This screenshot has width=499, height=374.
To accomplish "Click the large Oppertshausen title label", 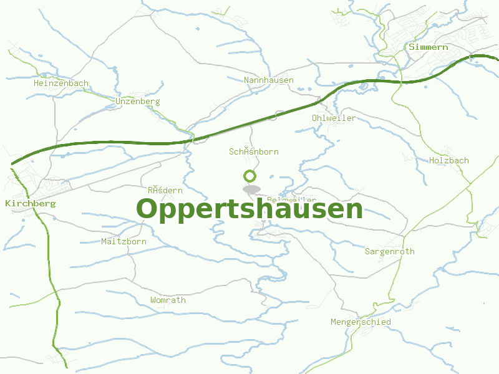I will pyautogui.click(x=249, y=209).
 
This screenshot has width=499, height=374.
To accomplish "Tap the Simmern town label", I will pyautogui.click(x=429, y=47).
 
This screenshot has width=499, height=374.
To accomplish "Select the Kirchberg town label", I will pyautogui.click(x=30, y=203).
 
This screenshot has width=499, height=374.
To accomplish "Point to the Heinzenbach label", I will pyautogui.click(x=61, y=83).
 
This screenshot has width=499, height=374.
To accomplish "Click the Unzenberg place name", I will pyautogui.click(x=138, y=101).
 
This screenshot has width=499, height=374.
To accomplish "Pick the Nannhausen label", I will pyautogui.click(x=269, y=80).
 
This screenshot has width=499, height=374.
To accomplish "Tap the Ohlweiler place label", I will pyautogui.click(x=334, y=118).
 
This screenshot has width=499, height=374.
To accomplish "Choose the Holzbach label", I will pyautogui.click(x=449, y=160).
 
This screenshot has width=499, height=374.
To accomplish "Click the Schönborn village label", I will pyautogui.click(x=254, y=151).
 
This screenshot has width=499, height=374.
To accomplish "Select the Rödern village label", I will pyautogui.click(x=165, y=190).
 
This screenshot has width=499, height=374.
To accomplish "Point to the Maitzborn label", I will pyautogui.click(x=124, y=241).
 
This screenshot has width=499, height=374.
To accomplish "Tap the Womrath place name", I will pyautogui.click(x=168, y=300).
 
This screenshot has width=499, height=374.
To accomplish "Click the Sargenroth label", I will pyautogui.click(x=390, y=251).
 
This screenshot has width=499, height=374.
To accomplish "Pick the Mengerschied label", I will pyautogui.click(x=361, y=322).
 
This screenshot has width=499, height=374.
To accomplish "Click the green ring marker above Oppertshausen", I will pyautogui.click(x=251, y=176).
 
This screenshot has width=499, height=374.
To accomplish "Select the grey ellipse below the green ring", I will pyautogui.click(x=251, y=189).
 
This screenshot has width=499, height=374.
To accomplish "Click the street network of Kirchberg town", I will pyautogui.click(x=25, y=184).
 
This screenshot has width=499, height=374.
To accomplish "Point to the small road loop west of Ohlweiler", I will pyautogui.click(x=280, y=115).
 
